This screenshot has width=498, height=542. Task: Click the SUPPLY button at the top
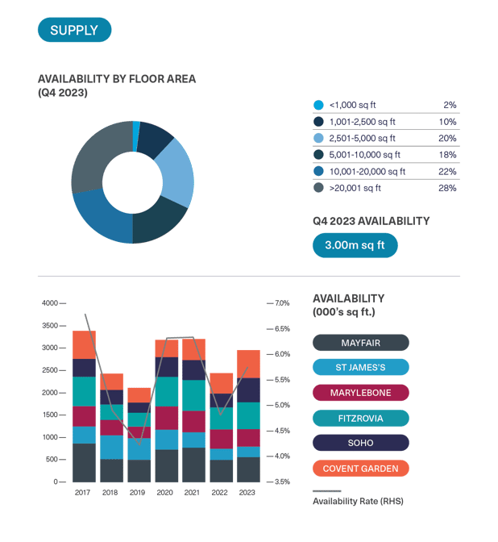coord(74,30)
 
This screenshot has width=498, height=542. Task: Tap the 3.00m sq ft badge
coord(355,245)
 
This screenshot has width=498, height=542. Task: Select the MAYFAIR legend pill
coord(360,343)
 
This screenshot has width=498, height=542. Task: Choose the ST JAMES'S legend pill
coord(360,368)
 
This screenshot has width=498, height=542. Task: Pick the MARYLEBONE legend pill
coord(360,393)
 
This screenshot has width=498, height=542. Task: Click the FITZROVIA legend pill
coord(360,418)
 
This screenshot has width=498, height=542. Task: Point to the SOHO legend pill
coord(360,443)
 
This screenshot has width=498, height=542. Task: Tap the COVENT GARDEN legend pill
coord(360,468)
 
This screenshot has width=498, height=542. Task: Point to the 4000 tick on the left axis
coord(50,303)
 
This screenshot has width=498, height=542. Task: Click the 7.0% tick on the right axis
coord(282,303)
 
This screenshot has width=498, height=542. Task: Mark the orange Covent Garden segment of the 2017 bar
coord(84,344)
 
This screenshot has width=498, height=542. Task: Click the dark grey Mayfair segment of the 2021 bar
coord(193,465)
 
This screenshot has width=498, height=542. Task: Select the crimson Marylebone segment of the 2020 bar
coord(167,418)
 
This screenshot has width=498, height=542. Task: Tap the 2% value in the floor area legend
coord(450,105)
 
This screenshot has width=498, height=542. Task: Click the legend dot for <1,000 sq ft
coord(318,105)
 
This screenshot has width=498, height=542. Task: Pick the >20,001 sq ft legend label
coord(355,188)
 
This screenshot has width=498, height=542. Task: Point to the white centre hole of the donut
coord(132,182)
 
